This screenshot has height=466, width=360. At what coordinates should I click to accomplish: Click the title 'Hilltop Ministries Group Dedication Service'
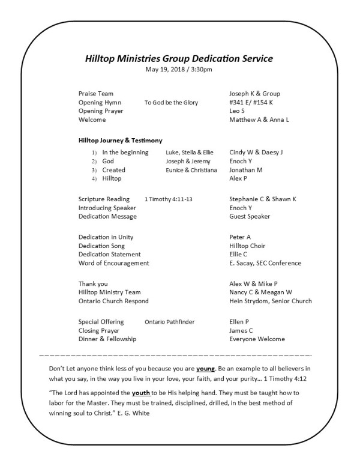179,59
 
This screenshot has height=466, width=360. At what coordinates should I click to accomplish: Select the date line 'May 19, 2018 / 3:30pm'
179,69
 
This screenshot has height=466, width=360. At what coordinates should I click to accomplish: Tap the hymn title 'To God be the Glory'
171,103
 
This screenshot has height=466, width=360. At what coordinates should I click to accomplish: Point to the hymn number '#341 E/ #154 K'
251,103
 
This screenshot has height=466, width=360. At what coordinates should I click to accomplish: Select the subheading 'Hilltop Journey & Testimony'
120,141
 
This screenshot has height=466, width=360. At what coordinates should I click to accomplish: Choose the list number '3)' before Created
94,170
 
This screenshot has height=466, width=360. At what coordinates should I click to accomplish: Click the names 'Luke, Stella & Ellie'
190,153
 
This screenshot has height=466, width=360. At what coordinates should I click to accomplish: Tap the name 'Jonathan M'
246,170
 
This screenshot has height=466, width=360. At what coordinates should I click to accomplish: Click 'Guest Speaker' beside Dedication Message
250,216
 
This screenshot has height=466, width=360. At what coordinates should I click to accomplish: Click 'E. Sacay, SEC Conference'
265,263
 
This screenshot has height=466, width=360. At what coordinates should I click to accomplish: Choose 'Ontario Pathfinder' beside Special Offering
170,322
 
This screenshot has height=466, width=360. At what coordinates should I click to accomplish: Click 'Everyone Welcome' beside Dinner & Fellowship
256,339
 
